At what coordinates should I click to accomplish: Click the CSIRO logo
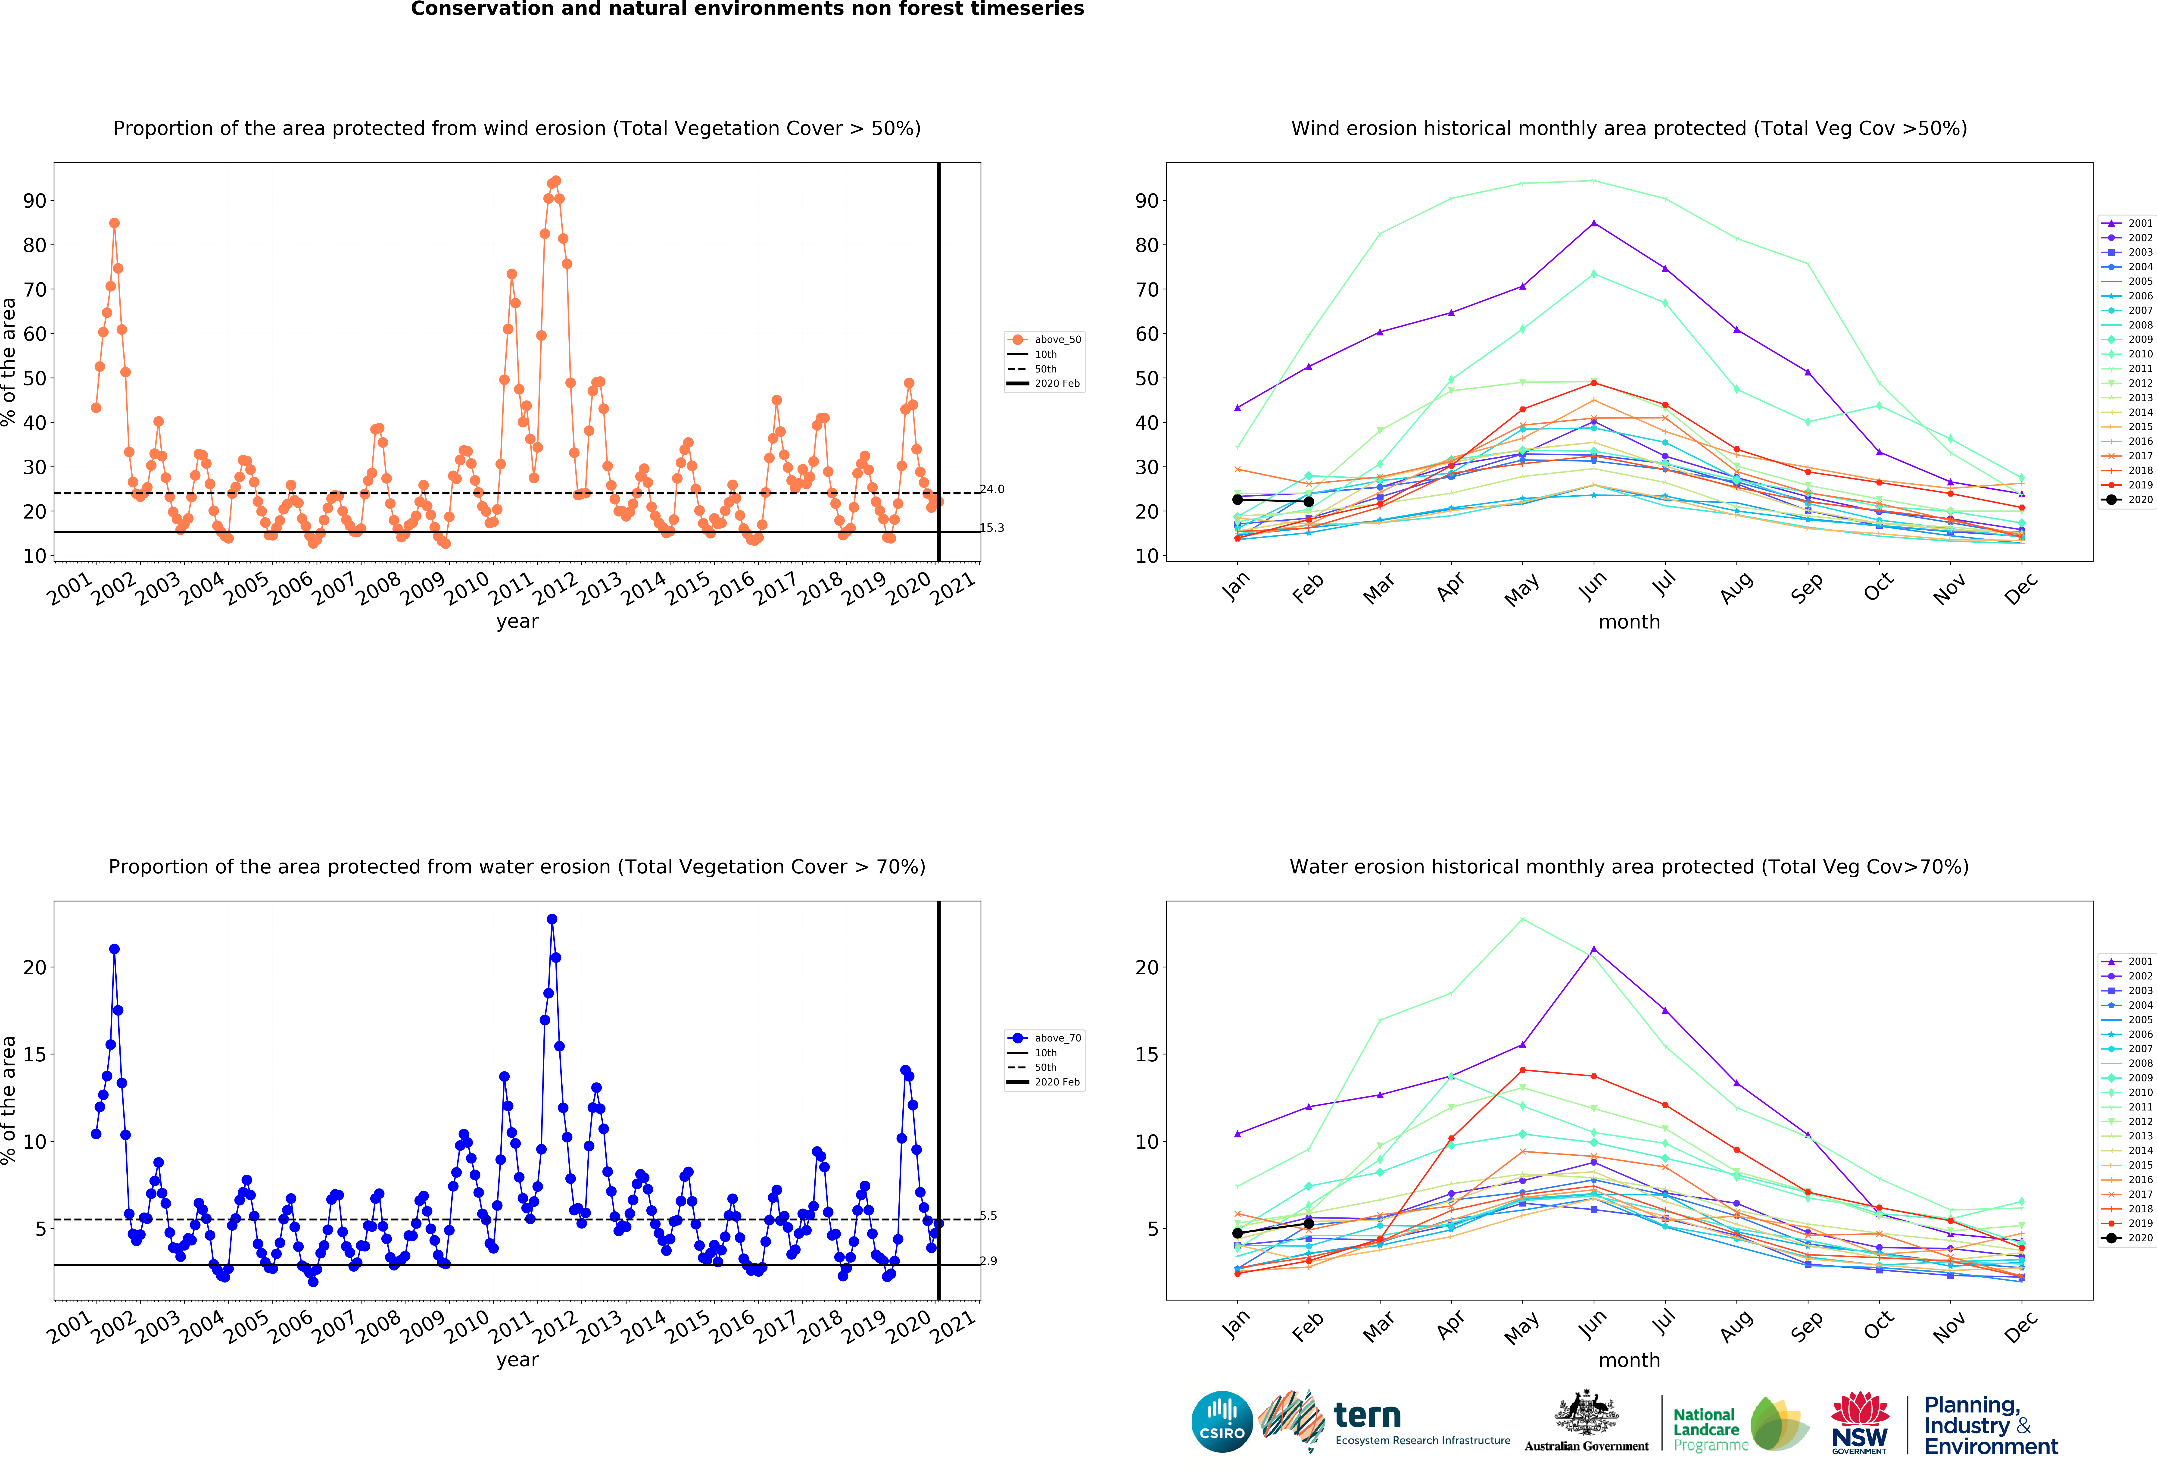tap(1222, 1421)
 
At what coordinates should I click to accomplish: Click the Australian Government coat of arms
tap(1586, 1414)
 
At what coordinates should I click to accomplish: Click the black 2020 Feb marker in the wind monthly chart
tap(1309, 501)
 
